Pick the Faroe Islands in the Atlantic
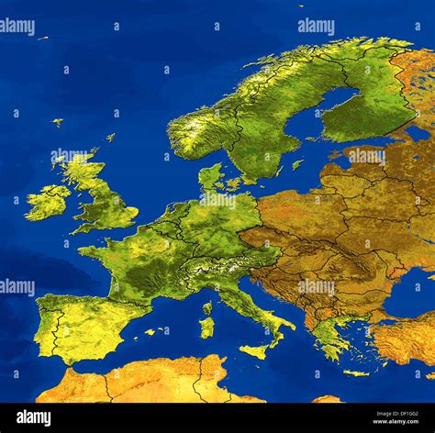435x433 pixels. tap(57, 121)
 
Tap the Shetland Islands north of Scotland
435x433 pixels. tap(110, 137)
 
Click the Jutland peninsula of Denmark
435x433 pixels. tap(208, 175)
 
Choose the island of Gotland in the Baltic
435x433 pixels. tap(297, 164)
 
